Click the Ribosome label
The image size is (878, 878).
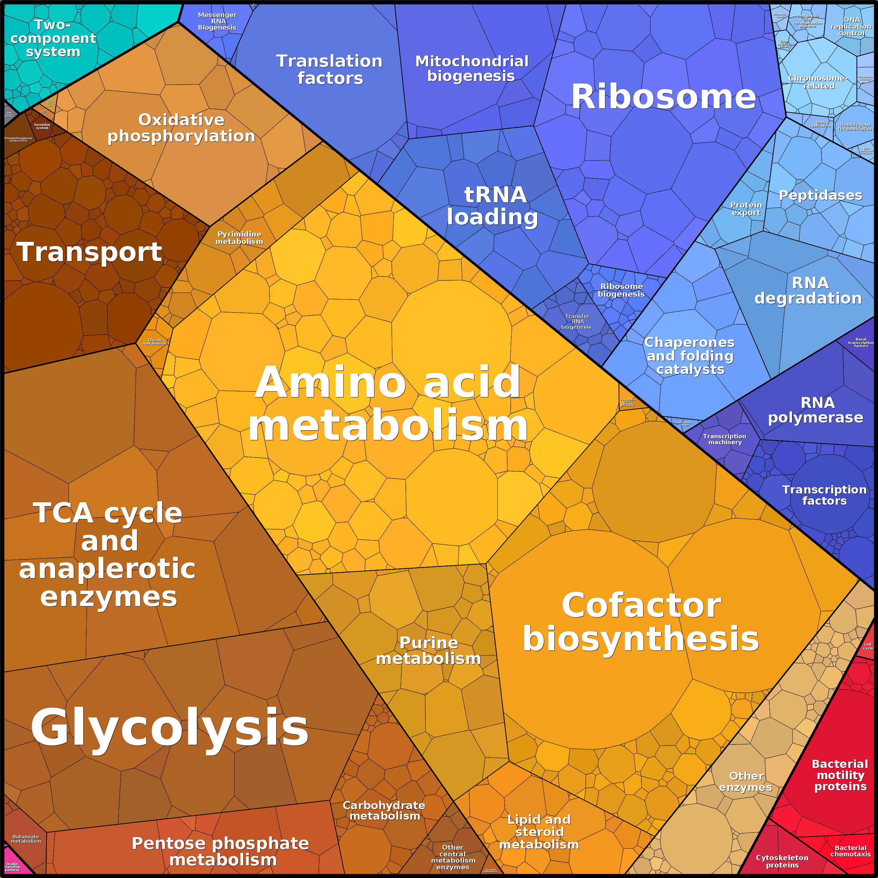tap(663, 97)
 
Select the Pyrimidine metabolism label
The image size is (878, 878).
tap(239, 238)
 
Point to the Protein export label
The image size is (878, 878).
tap(746, 209)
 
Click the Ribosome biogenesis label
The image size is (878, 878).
tap(621, 290)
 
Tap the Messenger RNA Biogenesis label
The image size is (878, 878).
tap(217, 21)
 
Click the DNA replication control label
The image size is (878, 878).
tap(851, 26)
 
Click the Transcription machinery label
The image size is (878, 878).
tap(725, 439)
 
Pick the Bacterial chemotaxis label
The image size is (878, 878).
tap(850, 851)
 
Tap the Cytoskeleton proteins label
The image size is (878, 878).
tap(782, 861)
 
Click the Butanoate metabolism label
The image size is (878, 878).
tap(26, 839)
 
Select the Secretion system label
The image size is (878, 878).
tap(42, 126)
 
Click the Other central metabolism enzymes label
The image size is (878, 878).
tap(453, 857)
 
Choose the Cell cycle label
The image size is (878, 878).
tap(868, 646)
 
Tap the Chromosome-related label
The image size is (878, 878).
tap(818, 82)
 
